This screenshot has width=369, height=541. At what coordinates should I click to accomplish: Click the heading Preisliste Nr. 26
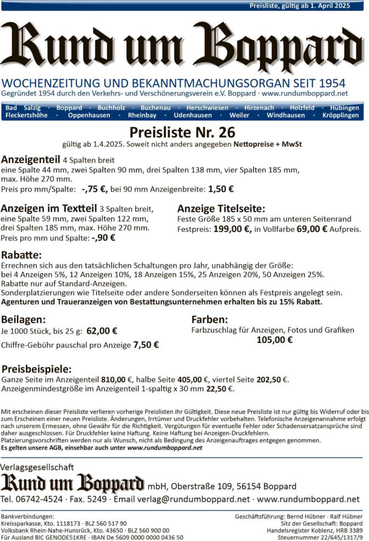pos(182,133)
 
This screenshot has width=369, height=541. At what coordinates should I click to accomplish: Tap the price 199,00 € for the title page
pos(232,229)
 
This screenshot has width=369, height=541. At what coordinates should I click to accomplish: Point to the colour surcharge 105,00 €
pos(275,340)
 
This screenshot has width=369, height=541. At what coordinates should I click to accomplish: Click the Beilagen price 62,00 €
pos(102,331)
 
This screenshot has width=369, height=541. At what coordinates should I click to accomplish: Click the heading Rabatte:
pos(22,256)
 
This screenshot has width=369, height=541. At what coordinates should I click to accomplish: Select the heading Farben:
pos(209,319)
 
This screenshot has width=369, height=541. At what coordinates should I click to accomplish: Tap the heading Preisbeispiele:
pos(36,369)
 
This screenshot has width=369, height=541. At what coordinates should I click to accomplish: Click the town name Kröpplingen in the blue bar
pos(341,115)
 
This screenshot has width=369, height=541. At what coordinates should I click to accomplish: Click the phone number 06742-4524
pos(41,499)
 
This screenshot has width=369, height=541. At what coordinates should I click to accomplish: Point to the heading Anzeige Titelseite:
pos(221,208)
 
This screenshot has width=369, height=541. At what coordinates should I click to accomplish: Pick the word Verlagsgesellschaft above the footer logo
pos(37,467)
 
